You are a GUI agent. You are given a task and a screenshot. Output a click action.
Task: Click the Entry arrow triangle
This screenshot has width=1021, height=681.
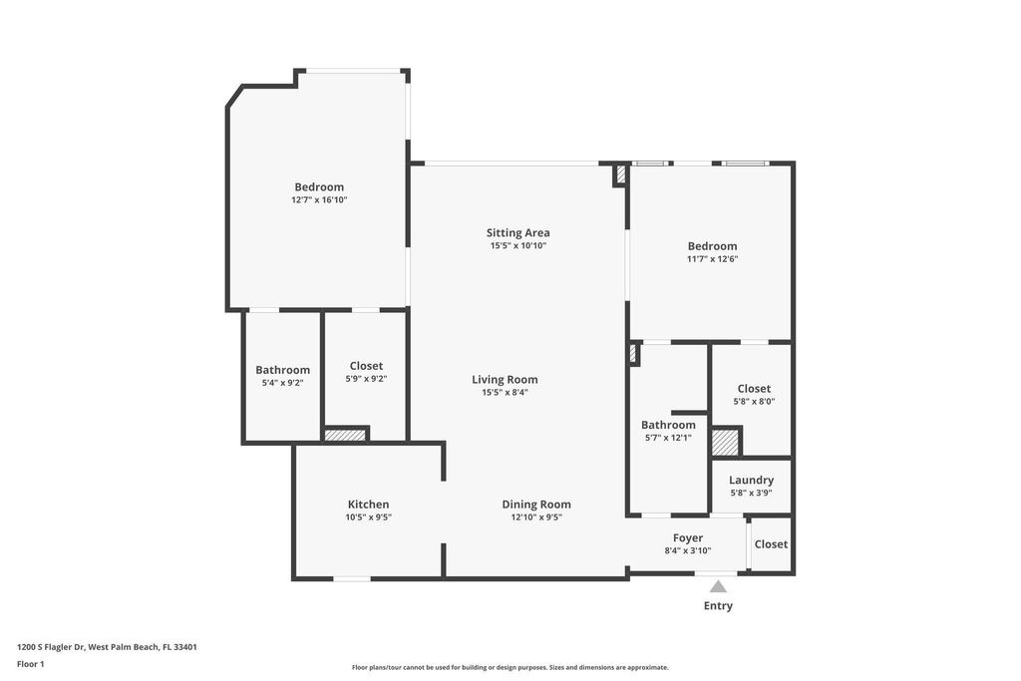[718, 586]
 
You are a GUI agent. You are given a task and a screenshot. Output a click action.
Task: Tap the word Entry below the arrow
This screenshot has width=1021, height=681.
[718, 605]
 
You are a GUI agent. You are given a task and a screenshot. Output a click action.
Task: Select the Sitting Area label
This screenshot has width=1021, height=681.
[517, 233]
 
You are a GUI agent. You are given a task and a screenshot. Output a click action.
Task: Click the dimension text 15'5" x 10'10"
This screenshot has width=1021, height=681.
[517, 246]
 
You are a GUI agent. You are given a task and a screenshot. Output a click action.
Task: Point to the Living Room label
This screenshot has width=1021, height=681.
[505, 379]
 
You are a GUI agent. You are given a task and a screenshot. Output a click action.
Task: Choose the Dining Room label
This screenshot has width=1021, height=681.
[536, 505]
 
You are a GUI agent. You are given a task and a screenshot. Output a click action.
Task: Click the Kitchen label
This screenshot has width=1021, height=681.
[368, 505]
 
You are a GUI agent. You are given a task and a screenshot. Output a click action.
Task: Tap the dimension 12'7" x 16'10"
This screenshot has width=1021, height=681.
[319, 200]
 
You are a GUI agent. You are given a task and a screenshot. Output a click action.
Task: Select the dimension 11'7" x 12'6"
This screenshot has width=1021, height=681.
[712, 259]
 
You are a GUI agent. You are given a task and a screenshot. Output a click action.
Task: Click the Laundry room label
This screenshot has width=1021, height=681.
[751, 480]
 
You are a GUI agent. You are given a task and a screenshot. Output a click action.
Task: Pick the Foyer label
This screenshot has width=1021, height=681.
[688, 537]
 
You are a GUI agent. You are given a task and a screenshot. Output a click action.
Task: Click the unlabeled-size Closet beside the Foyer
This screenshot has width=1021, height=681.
[771, 544]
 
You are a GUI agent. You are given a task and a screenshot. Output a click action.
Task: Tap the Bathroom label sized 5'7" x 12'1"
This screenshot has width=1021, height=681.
[668, 425]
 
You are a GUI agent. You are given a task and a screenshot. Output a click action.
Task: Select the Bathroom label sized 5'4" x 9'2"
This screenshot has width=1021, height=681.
[282, 370]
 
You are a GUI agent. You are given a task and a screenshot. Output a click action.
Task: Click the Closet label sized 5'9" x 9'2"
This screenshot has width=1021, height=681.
[366, 366]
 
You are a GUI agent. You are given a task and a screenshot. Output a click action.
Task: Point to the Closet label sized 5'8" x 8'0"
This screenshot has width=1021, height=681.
[754, 389]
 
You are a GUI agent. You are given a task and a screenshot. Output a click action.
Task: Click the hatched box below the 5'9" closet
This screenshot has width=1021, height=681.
[345, 435]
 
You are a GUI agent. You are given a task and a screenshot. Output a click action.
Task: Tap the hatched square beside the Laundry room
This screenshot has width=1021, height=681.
[725, 442]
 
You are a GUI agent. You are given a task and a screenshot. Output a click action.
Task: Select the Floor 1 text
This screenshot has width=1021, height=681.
[31, 664]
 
